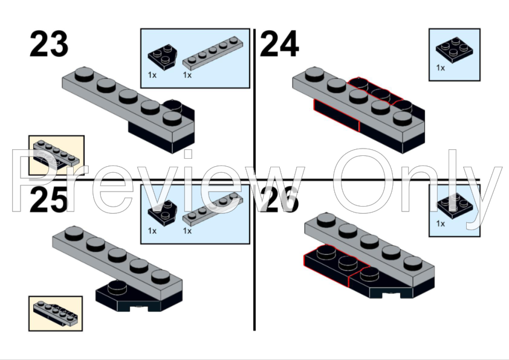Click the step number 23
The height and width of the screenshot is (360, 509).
pyautogui.click(x=49, y=43)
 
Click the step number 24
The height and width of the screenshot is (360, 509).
pyautogui.click(x=279, y=43)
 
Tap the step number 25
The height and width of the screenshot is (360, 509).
pyautogui.click(x=49, y=200)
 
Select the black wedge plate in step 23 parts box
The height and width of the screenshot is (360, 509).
pyautogui.click(x=162, y=57)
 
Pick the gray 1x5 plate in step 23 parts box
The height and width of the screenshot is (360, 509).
pyautogui.click(x=213, y=53)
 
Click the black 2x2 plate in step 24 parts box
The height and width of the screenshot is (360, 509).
pyautogui.click(x=455, y=50)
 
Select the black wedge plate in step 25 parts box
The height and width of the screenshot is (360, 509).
pyautogui.click(x=162, y=213)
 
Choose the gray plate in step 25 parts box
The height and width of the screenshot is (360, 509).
pyautogui.click(x=213, y=209)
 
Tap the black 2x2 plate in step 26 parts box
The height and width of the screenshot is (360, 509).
pyautogui.click(x=455, y=206)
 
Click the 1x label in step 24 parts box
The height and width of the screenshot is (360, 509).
pyautogui.click(x=441, y=68)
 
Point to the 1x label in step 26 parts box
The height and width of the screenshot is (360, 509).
pyautogui.click(x=441, y=223)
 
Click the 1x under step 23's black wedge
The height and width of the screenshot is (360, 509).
pyautogui.click(x=152, y=75)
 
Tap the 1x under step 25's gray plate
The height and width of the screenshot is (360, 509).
pyautogui.click(x=187, y=231)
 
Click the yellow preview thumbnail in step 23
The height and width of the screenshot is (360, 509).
pyautogui.click(x=56, y=155)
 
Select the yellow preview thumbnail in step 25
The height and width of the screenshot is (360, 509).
pyautogui.click(x=56, y=313)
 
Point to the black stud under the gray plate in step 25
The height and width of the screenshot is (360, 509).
pyautogui.click(x=117, y=288)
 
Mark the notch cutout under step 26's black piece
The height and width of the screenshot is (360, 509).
pyautogui.click(x=392, y=295)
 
